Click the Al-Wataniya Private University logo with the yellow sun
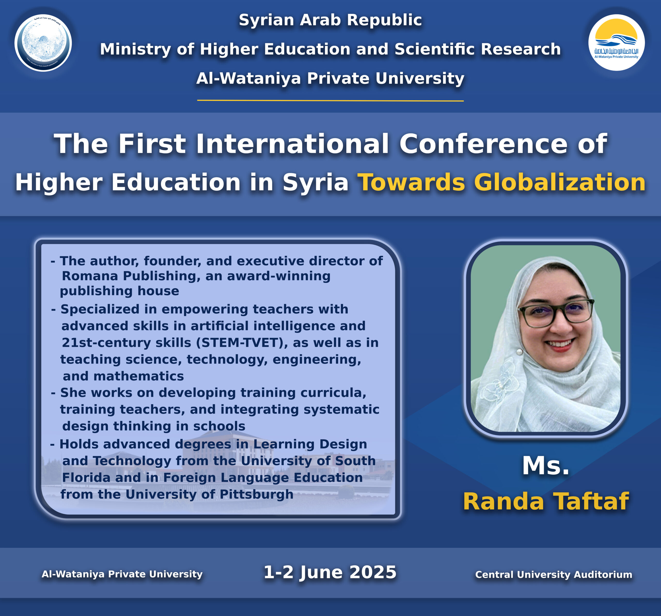pos(616,43)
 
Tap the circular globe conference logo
pos(43,43)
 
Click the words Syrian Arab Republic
pos(330,20)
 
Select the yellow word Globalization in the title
pos(560,182)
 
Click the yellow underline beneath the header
pos(330,100)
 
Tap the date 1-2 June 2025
pos(330,572)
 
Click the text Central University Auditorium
pos(554,574)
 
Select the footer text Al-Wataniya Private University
pos(122,574)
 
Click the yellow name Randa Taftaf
pos(546,501)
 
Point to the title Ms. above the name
pos(546,466)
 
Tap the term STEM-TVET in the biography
pos(242,343)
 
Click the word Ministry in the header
pos(136,50)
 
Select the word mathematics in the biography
pos(139,376)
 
